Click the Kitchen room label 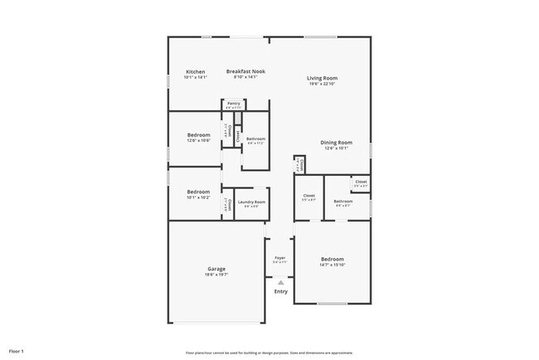tap(196, 71)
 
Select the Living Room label tap(323, 78)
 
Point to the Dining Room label tap(337, 143)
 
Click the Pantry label tap(234, 103)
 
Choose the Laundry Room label tap(251, 202)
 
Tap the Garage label tap(217, 268)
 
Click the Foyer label tap(280, 257)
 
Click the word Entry tap(281, 291)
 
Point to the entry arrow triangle tap(281, 282)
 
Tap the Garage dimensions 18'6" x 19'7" tap(217, 274)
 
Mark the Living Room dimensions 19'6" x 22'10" tap(323, 84)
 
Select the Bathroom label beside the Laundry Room tap(255, 139)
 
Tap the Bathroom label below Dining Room tap(343, 201)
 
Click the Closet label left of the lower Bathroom tap(308, 196)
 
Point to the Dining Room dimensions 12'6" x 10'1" tap(337, 148)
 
